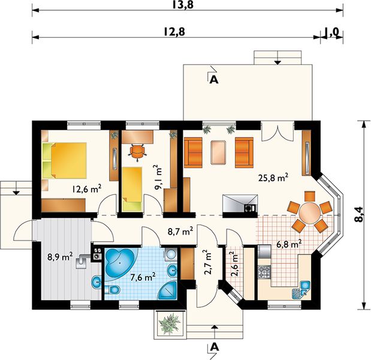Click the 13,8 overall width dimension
[x=182, y=5]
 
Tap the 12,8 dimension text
[x=174, y=32]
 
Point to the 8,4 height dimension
[x=358, y=214]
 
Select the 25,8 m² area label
[x=273, y=178]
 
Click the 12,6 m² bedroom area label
[x=87, y=189]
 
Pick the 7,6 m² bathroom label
[x=143, y=277]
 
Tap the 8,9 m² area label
[x=60, y=257]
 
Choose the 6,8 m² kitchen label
[x=289, y=244]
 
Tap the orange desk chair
[x=137, y=152]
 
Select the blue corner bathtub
[x=120, y=263]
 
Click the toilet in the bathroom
[x=112, y=289]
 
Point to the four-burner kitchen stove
[x=264, y=272]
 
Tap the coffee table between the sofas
[x=218, y=152]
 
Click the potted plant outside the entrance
[x=170, y=323]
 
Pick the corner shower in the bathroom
[x=167, y=290]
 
